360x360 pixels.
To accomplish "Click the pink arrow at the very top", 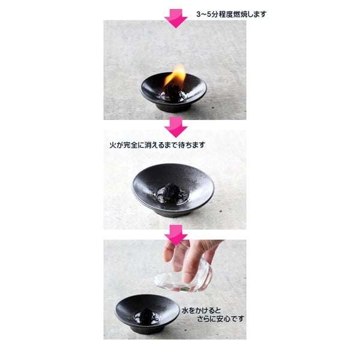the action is (x=176, y=18).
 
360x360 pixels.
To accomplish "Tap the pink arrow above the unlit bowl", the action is (x=176, y=127).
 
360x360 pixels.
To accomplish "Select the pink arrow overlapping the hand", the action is (x=176, y=235).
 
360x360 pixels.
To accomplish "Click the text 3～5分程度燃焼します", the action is (x=231, y=14).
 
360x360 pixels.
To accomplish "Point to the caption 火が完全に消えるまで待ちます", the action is (x=157, y=145).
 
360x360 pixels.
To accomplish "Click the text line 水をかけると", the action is (x=201, y=311).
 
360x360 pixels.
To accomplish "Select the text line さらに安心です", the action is (x=221, y=319).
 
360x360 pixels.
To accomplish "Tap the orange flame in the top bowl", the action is (x=176, y=74).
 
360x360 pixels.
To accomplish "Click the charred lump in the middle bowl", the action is (x=172, y=190).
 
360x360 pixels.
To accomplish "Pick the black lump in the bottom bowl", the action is (x=146, y=314).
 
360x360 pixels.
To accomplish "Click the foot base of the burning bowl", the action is (x=173, y=108).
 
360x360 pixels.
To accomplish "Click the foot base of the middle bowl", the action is (x=173, y=214).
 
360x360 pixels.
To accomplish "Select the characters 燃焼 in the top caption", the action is (x=240, y=14).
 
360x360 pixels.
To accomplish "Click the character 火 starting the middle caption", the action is (x=113, y=145).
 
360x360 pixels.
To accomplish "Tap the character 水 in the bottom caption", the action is (x=185, y=311).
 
